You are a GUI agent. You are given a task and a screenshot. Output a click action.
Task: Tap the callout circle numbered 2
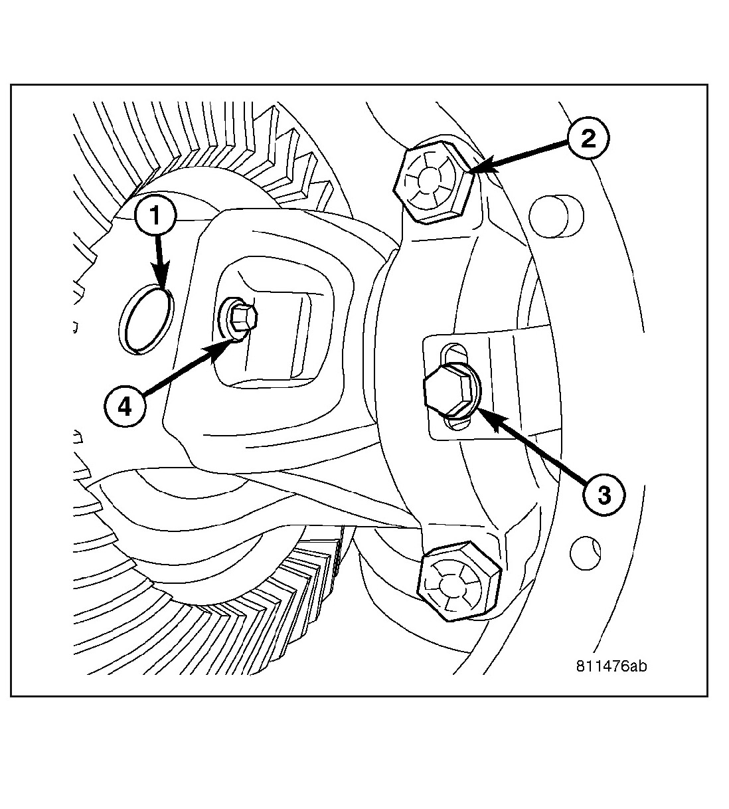click(x=588, y=139)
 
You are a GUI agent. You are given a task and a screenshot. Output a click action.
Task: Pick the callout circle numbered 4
click(x=125, y=406)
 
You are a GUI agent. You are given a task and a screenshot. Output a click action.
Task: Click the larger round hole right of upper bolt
click(x=556, y=217)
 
